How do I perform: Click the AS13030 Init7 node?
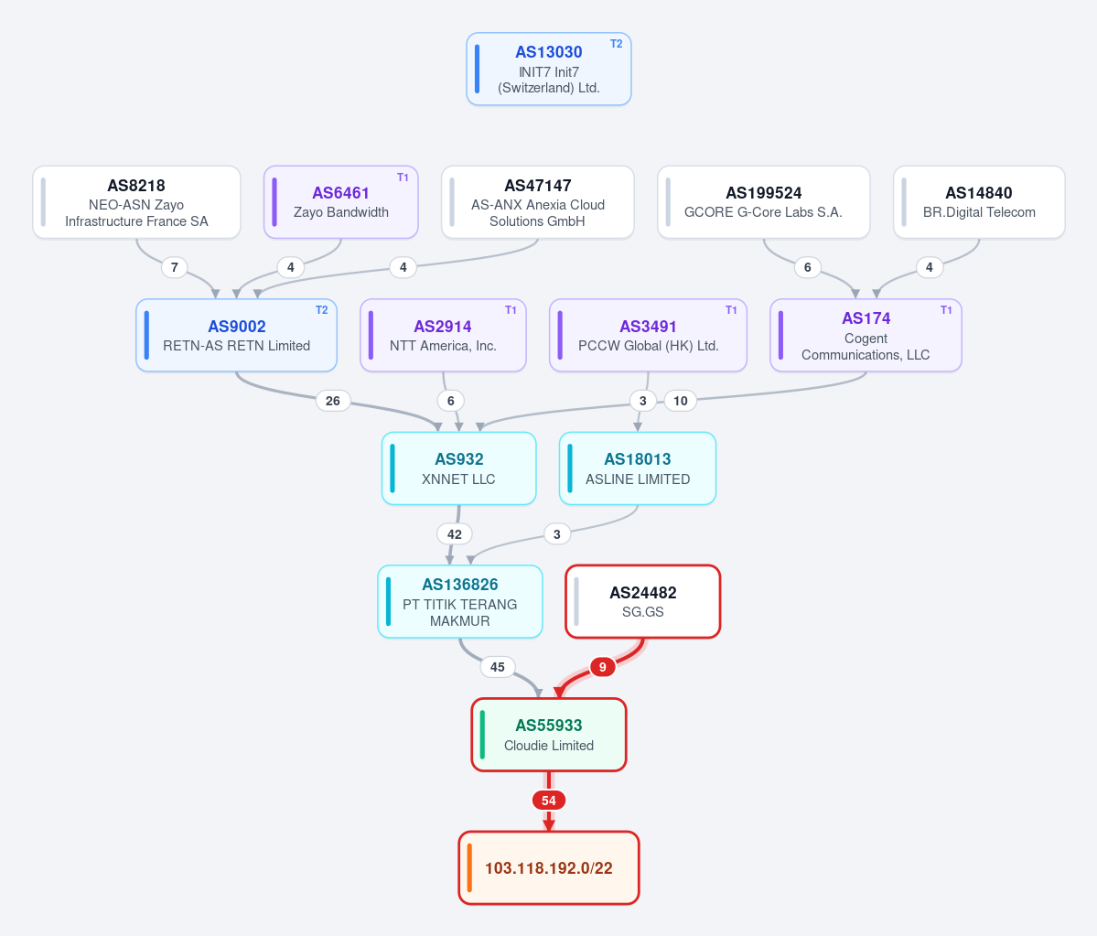point(549,70)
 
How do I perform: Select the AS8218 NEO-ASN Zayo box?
point(136,202)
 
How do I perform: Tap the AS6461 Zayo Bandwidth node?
point(340,202)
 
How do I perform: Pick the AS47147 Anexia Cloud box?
point(537,202)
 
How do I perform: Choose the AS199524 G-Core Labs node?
point(763,202)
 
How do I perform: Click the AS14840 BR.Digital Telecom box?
point(979,202)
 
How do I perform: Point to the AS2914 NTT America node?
point(443,335)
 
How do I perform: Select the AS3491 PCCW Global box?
point(648,335)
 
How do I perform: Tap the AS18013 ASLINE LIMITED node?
point(638,468)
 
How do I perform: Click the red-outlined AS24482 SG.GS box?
point(643,602)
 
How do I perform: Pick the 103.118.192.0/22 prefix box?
point(549,868)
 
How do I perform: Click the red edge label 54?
point(549,801)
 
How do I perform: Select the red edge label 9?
point(602,667)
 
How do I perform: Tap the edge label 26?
point(333,401)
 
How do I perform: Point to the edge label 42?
point(455,534)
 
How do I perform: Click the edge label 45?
point(498,667)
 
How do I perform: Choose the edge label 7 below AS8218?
point(174,267)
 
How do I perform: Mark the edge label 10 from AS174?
point(681,401)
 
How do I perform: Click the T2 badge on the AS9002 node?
point(322,310)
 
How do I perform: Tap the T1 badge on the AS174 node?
point(946,310)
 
